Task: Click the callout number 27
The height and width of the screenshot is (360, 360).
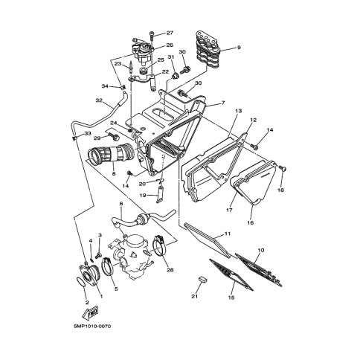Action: click(170, 33)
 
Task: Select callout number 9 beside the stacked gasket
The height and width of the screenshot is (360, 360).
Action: click(239, 48)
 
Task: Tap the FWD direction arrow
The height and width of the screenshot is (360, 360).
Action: click(91, 313)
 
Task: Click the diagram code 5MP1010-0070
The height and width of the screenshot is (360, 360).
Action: click(92, 326)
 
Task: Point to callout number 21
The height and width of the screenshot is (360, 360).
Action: click(195, 296)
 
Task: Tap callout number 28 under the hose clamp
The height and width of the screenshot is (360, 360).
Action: click(170, 270)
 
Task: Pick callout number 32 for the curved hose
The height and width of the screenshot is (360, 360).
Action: click(99, 100)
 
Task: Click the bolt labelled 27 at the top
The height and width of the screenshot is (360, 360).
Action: click(152, 36)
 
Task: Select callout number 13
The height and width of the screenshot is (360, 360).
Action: click(239, 111)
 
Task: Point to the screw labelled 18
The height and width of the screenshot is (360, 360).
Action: click(283, 169)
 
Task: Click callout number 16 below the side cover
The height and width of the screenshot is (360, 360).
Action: click(251, 222)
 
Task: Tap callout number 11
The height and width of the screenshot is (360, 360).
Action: click(228, 234)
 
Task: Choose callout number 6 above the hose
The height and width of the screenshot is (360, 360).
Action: click(121, 204)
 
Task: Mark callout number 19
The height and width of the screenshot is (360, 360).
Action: click(143, 195)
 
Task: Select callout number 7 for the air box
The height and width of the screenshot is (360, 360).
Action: click(223, 103)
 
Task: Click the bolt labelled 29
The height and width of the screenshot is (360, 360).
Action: click(113, 136)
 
